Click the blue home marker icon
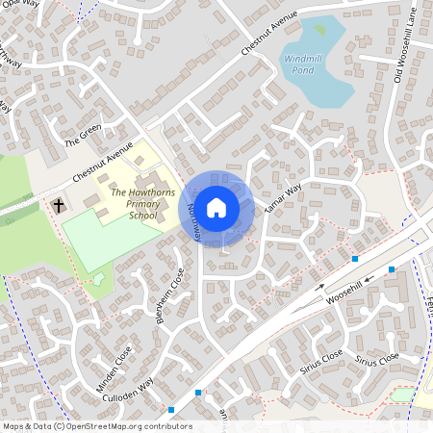216,207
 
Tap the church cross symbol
58,205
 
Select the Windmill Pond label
308,64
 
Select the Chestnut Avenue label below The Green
102,166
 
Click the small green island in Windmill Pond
319,30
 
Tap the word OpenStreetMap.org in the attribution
97,426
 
